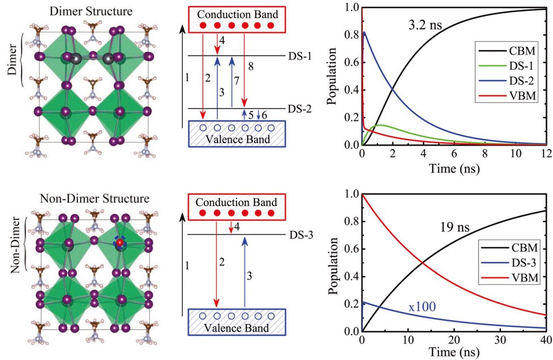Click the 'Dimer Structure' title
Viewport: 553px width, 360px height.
click(x=91, y=11)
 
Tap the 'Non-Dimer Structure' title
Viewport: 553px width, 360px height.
click(x=95, y=199)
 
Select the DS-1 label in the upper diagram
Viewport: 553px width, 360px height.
click(x=300, y=56)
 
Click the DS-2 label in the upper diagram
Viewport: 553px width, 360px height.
click(x=300, y=109)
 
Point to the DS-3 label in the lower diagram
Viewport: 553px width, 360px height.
click(x=301, y=235)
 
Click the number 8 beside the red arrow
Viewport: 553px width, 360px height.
click(x=251, y=67)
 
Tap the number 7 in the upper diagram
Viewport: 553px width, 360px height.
click(x=237, y=81)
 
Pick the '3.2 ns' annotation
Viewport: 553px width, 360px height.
click(x=425, y=26)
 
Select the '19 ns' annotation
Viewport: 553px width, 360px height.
click(x=454, y=228)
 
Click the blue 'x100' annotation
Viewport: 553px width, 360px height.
click(x=422, y=307)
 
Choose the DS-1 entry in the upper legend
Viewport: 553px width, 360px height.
click(x=521, y=66)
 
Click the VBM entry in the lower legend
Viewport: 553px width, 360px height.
click(x=525, y=278)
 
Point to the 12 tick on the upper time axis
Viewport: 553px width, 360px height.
click(x=546, y=154)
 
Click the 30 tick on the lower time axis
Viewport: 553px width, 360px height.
click(x=500, y=340)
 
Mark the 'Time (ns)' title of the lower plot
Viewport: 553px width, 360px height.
click(x=454, y=352)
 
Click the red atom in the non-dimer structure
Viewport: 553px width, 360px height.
click(x=120, y=242)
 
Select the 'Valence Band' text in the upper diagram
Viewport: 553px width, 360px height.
click(x=237, y=140)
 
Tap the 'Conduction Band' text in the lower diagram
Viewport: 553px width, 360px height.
click(x=236, y=202)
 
